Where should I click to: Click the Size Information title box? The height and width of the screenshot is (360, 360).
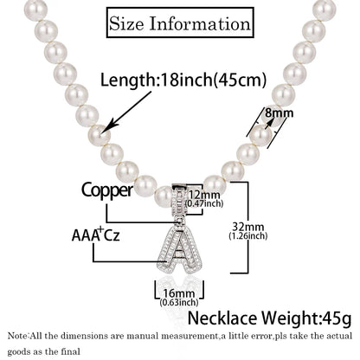(180, 22)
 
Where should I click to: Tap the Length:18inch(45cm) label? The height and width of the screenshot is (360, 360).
(183, 80)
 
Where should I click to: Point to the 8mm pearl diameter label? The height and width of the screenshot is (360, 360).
(279, 112)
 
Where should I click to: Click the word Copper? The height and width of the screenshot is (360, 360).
(107, 190)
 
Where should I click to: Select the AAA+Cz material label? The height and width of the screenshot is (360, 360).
(95, 235)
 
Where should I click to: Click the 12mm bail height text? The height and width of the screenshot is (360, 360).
(204, 194)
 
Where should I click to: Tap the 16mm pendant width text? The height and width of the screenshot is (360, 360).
(179, 293)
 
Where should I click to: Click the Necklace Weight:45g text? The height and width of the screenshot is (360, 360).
(269, 318)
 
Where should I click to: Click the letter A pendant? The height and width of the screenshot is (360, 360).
(179, 250)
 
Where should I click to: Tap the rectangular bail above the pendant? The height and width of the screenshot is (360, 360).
(180, 200)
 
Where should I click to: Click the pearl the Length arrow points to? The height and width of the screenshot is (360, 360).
(100, 136)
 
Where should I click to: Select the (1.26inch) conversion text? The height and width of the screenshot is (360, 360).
(248, 236)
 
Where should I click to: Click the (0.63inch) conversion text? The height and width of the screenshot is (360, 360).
(179, 303)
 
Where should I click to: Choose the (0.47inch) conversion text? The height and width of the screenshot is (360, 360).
(204, 203)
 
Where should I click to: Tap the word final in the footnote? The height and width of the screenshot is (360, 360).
(71, 351)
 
